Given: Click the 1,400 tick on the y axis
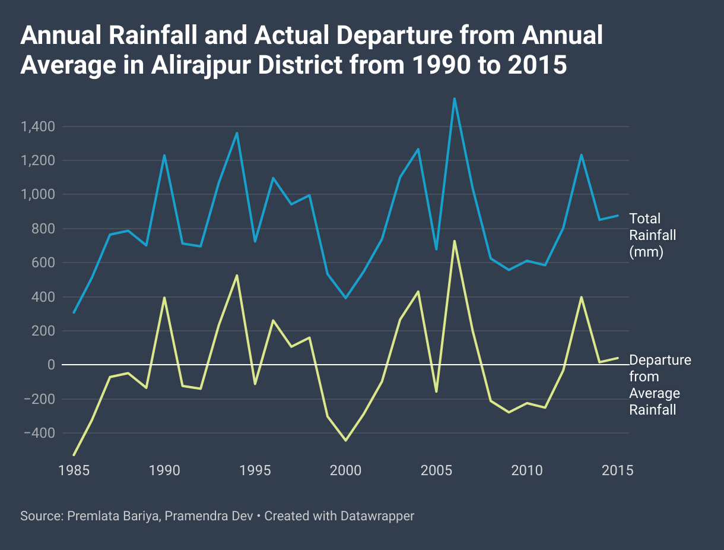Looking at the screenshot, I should coord(39,127).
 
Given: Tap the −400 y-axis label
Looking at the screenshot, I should coord(39,433).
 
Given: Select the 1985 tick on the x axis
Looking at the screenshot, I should coord(74,470).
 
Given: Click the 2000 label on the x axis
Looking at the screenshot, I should coord(345,470).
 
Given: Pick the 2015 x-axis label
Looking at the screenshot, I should coord(618,470).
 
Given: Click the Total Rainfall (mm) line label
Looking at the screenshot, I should coord(653,235).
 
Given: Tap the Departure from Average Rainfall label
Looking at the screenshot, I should coord(660,385).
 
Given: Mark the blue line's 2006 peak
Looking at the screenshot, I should coord(455,99).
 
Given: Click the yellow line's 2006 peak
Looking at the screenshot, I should coord(455,241).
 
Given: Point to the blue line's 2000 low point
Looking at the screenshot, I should coord(345,298).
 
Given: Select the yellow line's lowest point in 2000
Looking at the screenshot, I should coord(345,440).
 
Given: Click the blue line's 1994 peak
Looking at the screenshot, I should coord(237,133).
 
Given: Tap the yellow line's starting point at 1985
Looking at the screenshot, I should coord(74,455).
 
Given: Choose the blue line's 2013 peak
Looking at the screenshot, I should coord(582,155).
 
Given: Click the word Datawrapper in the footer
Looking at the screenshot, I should coord(377,516).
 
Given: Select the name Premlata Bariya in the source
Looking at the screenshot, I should coord(112,516).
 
